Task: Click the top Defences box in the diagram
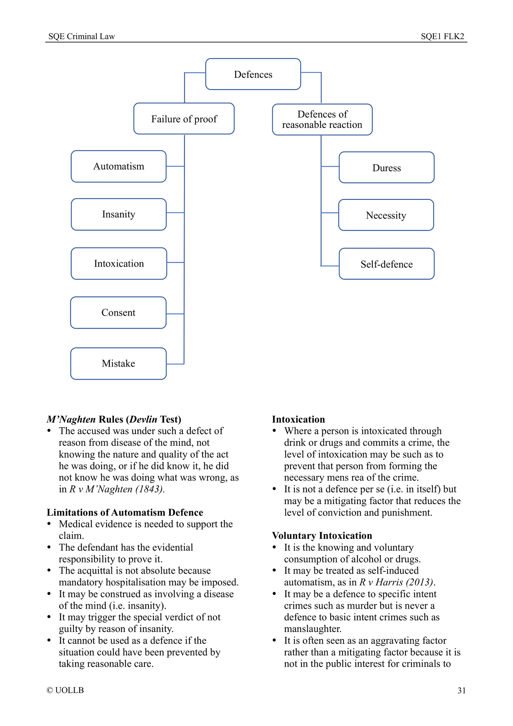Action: click(x=253, y=74)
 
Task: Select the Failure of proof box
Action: click(x=184, y=119)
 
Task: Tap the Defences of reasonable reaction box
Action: click(x=322, y=120)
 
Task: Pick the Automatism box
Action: click(x=119, y=167)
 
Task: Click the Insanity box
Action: click(x=119, y=214)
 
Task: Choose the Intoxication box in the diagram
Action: click(x=119, y=263)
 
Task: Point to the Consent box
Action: click(x=118, y=313)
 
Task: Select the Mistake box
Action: click(x=118, y=364)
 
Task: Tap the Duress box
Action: click(x=386, y=168)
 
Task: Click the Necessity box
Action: click(x=386, y=215)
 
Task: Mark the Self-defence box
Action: click(x=386, y=264)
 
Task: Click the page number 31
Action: click(x=461, y=690)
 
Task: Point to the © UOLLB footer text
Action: click(x=65, y=690)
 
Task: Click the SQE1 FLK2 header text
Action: click(x=442, y=37)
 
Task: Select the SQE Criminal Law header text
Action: click(x=82, y=37)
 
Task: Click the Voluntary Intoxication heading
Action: click(x=322, y=536)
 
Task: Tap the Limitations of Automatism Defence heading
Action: click(x=125, y=513)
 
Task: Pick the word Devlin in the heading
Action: click(x=143, y=420)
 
